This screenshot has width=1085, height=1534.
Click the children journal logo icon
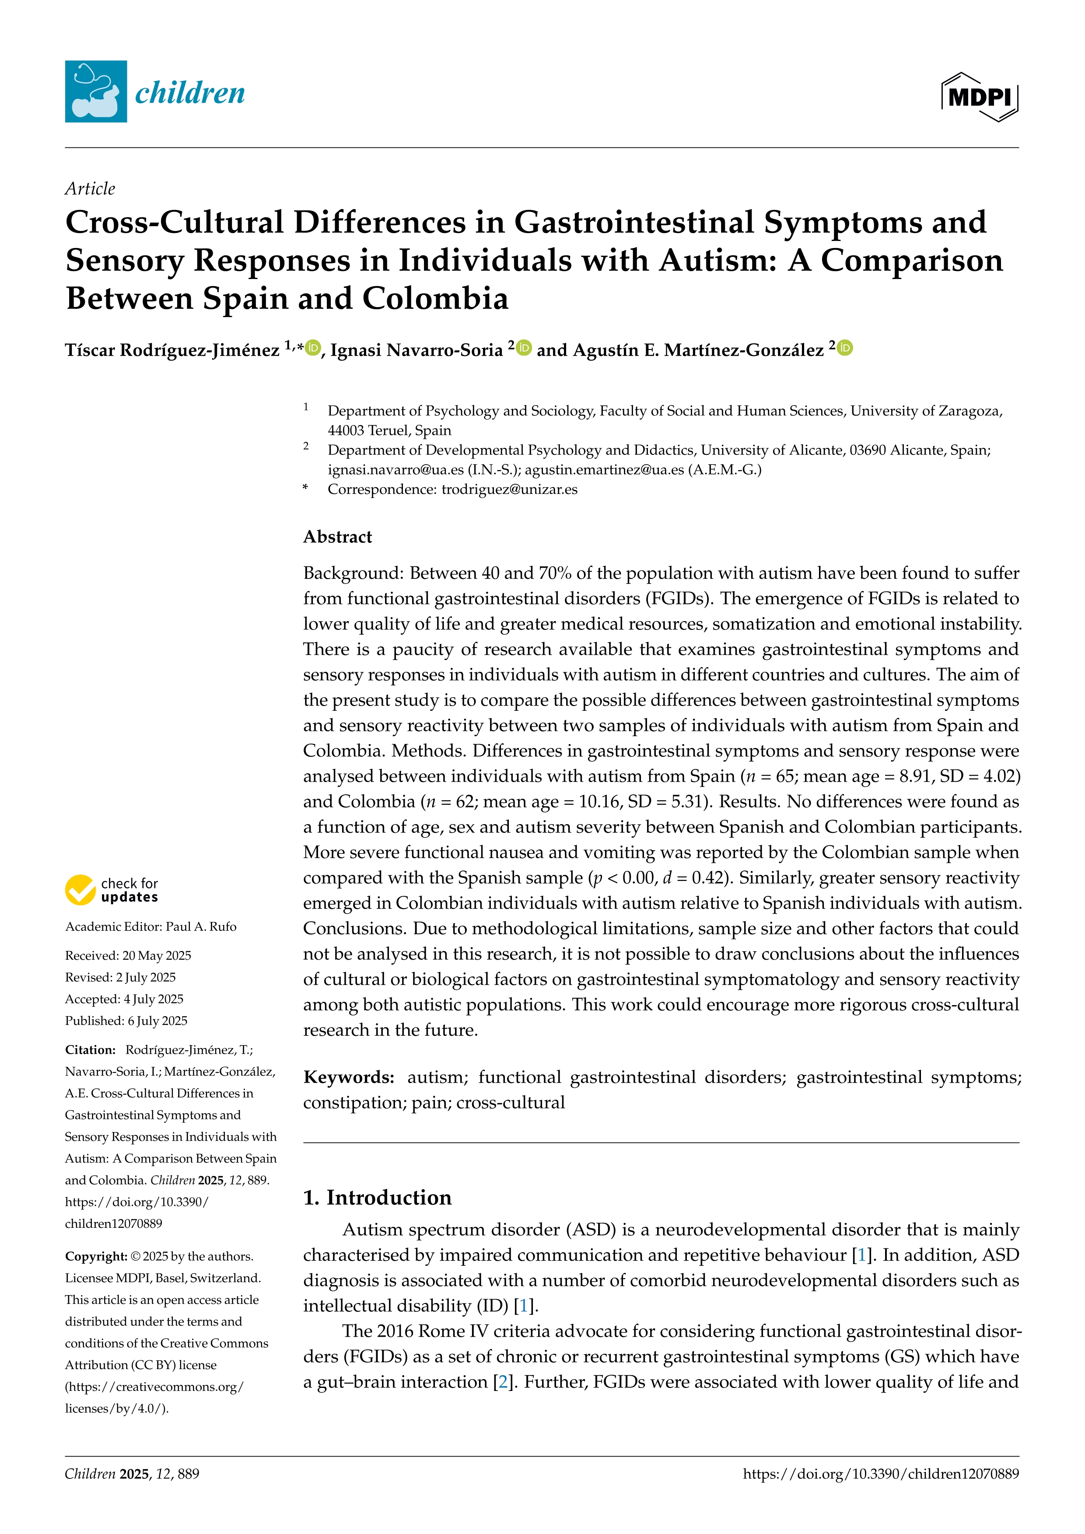pyautogui.click(x=95, y=91)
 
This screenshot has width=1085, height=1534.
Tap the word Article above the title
pyautogui.click(x=90, y=189)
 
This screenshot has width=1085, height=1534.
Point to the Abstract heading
pyautogui.click(x=337, y=537)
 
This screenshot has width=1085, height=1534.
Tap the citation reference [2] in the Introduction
pyautogui.click(x=502, y=1382)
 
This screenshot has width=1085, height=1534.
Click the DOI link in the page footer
pyautogui.click(x=881, y=1474)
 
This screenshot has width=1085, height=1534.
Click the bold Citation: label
pyautogui.click(x=90, y=1050)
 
